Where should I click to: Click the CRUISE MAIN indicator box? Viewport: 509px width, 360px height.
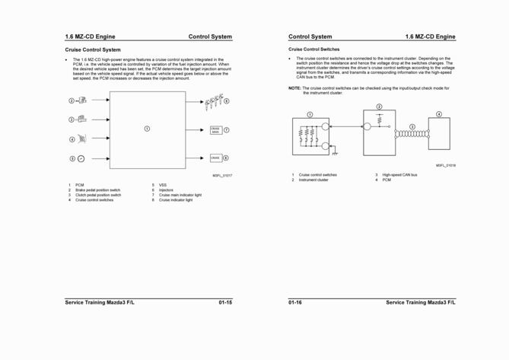point(215,130)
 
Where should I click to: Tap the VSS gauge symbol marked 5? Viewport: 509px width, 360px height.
point(81,158)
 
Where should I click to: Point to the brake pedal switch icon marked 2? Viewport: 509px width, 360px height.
point(81,100)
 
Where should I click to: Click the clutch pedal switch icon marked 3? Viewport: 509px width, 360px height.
point(81,119)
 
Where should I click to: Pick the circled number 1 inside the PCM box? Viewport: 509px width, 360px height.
point(147,128)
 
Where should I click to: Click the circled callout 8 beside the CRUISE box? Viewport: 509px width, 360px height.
point(226,158)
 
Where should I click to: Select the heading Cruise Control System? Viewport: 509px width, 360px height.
point(93,50)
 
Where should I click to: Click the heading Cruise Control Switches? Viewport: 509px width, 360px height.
point(314,49)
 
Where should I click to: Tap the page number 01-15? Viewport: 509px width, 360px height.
point(224,303)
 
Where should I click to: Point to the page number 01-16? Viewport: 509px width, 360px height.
point(295,303)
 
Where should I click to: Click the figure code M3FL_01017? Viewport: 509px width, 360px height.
point(222,176)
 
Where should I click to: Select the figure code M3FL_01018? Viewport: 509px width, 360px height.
point(446,165)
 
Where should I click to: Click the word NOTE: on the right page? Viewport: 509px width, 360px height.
point(294,88)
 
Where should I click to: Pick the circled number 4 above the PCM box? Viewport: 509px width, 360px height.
point(439,114)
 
